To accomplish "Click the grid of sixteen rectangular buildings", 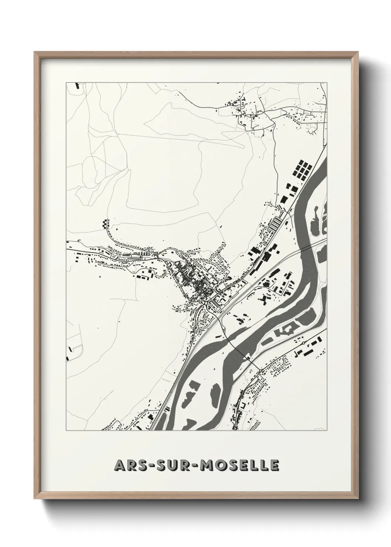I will tap(303, 169).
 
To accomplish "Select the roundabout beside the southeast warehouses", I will tap(303, 343).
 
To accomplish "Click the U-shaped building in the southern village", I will tap(243, 405).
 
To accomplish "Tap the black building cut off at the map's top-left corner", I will tap(77, 86).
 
